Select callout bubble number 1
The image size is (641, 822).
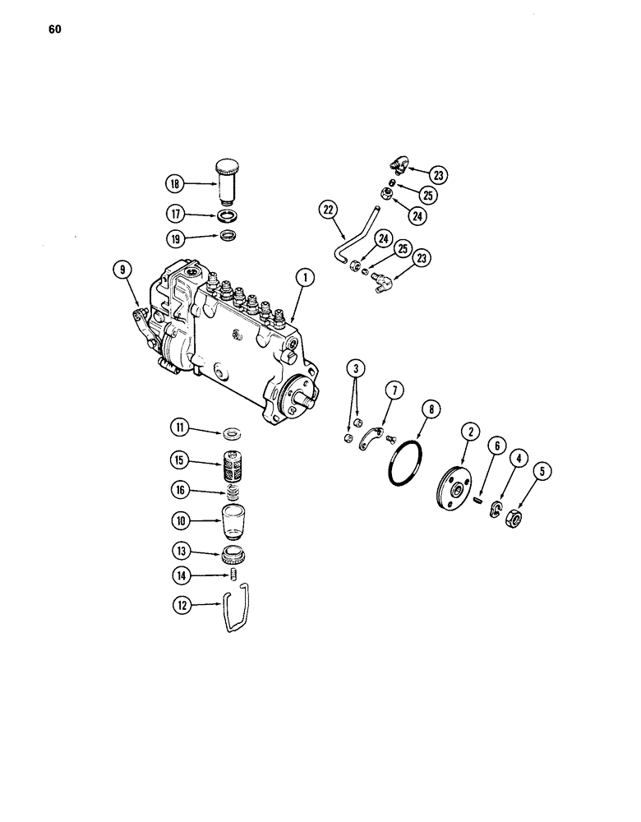pyautogui.click(x=303, y=279)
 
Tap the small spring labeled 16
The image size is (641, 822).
pyautogui.click(x=236, y=493)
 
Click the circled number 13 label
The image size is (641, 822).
pyautogui.click(x=180, y=551)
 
